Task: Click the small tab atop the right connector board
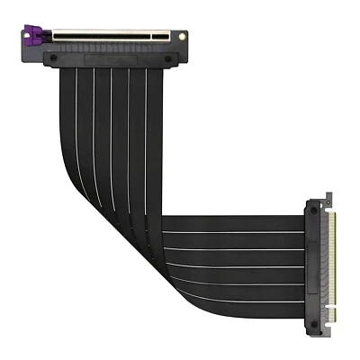326,201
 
